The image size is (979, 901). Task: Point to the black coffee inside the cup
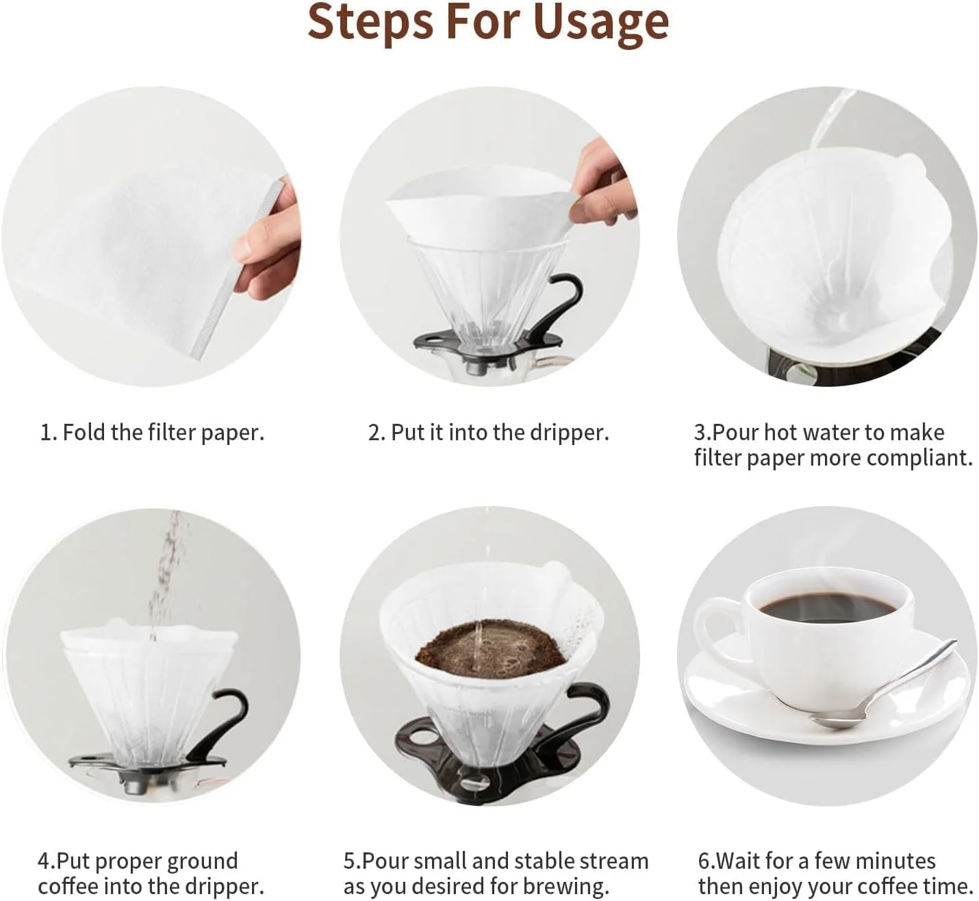coord(828,607)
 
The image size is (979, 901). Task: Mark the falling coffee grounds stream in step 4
coord(164,568)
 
